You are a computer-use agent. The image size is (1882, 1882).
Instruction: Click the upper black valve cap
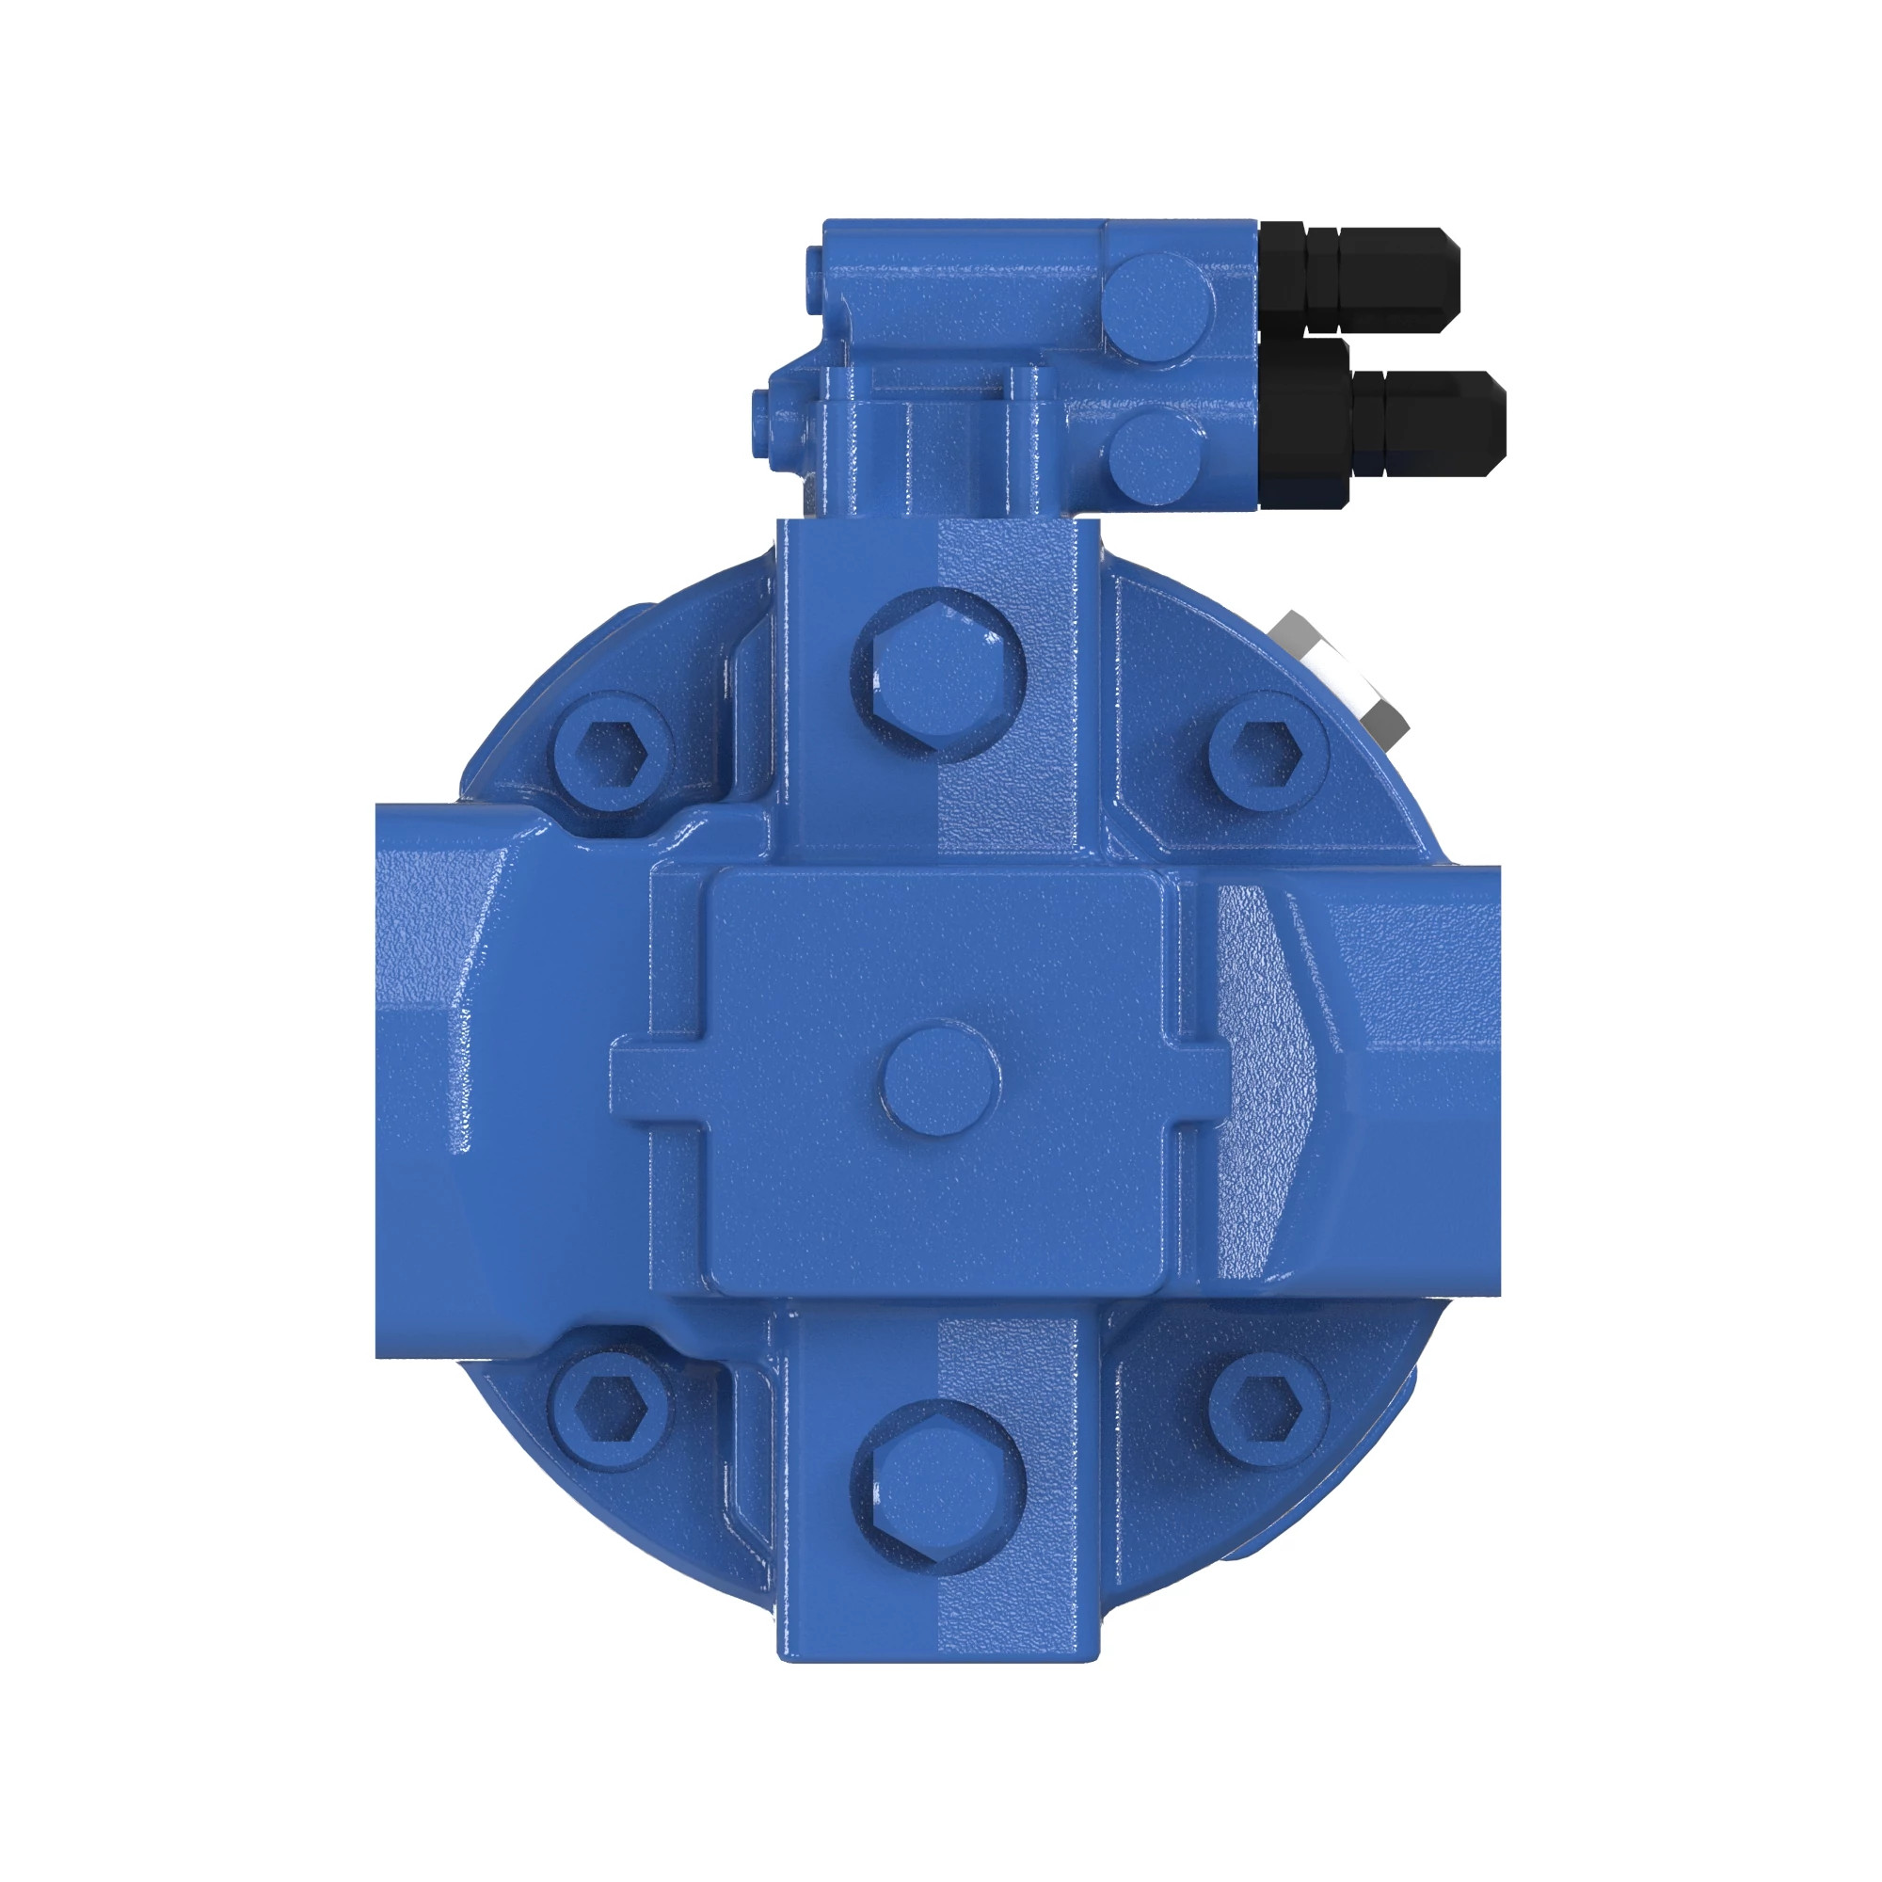click(x=1383, y=279)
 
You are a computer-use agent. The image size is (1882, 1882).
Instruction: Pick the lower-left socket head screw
click(x=612, y=1410)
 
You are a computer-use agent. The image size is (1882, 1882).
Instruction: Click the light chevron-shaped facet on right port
click(x=1267, y=1078)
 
